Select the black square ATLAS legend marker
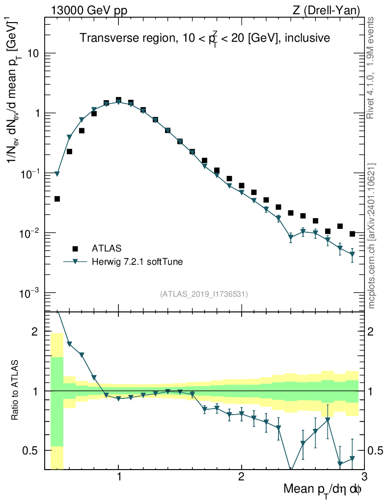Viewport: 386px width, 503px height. coord(75,249)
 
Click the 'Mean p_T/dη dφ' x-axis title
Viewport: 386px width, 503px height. coord(323,490)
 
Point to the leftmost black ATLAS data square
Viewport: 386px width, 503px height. coord(57,199)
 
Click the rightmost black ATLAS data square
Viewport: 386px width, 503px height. coord(352,234)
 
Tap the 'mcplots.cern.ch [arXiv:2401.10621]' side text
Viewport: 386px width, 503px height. coord(373,236)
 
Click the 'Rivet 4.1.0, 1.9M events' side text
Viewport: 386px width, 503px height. coord(373,67)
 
